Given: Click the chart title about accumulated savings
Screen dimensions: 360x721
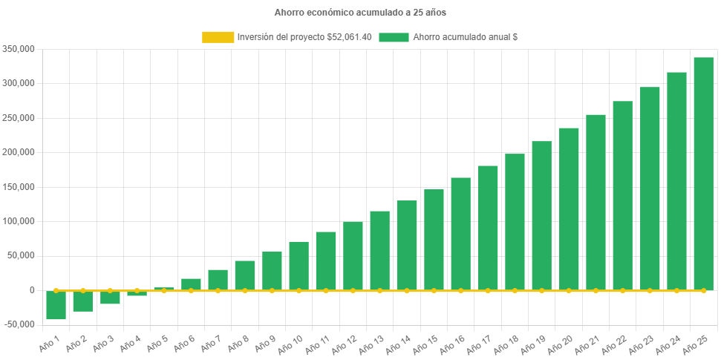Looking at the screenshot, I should (x=360, y=13).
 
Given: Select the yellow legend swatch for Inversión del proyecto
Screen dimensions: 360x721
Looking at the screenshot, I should (x=218, y=37).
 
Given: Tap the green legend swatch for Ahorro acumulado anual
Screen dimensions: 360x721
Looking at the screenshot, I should (x=394, y=37).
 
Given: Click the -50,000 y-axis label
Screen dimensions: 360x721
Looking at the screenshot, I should (x=19, y=324).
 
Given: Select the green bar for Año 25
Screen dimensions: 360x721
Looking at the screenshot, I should (x=703, y=174).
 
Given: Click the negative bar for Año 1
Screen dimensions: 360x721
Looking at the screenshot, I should (x=56, y=305).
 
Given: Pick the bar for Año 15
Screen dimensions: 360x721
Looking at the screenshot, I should (x=434, y=239).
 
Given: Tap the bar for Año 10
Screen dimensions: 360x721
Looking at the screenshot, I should (x=299, y=266).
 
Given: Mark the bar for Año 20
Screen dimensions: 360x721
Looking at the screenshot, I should (x=569, y=209).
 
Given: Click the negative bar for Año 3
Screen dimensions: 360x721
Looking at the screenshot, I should (x=110, y=297).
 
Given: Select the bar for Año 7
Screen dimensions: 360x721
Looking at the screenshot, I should (x=218, y=280).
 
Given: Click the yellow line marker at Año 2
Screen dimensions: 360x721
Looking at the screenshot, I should (x=83, y=290).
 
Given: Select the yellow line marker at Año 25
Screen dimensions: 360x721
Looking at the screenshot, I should (x=703, y=290).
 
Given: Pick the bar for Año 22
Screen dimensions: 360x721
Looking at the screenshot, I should (x=622, y=195).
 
